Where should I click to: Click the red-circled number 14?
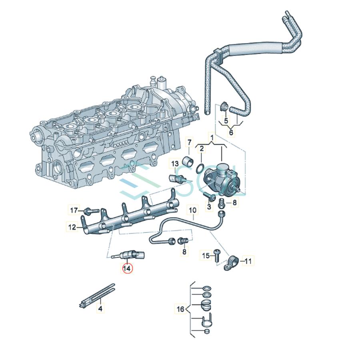(x=127, y=268)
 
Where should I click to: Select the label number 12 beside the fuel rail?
(x=72, y=227)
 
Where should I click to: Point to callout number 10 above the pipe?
(x=192, y=210)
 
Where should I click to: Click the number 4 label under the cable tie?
(x=100, y=309)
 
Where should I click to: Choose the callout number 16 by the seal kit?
(x=180, y=309)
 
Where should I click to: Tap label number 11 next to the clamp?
(x=248, y=261)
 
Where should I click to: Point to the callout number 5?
(x=226, y=120)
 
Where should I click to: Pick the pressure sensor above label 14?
(x=130, y=254)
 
